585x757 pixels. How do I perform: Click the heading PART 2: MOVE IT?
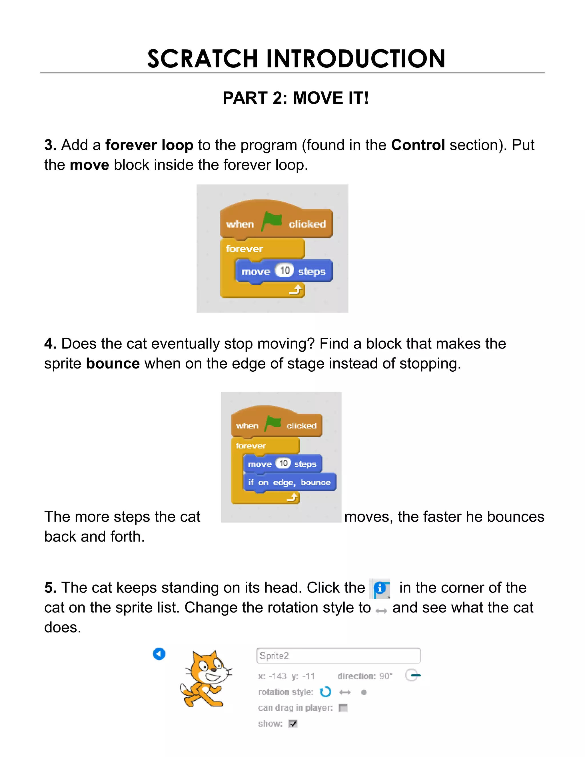tap(295, 98)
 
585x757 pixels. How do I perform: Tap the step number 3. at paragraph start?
tap(50, 145)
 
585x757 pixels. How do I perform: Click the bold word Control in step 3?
tap(418, 145)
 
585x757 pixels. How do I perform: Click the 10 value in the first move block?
tap(285, 270)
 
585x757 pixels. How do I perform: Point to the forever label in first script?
tap(244, 249)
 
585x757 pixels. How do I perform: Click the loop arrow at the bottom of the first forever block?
tap(296, 290)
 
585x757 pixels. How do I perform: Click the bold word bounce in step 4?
tap(113, 364)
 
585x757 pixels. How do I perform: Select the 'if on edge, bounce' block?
tap(289, 482)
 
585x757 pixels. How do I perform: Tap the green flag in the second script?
tap(273, 423)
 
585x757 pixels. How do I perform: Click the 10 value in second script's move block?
tap(283, 463)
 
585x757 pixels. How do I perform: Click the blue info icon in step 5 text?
tap(380, 588)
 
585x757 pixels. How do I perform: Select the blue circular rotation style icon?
tap(325, 692)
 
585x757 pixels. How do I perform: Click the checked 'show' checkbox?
tap(293, 724)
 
